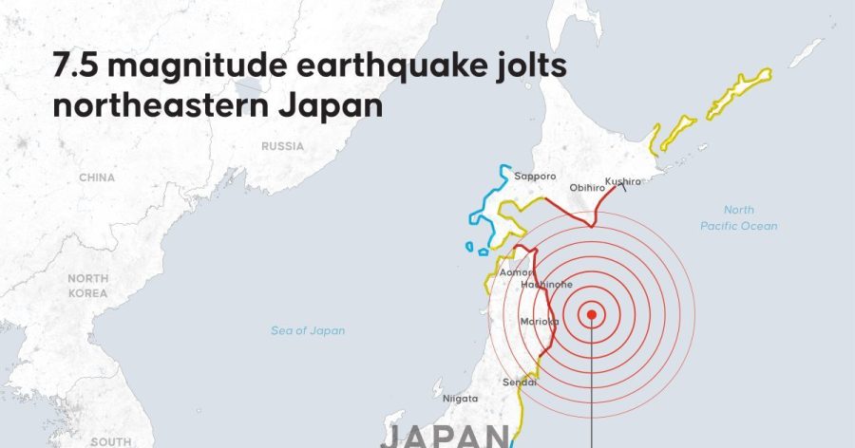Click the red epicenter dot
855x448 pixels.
pos(591,314)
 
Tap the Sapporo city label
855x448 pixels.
pos(535,176)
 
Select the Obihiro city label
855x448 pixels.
pos(588,188)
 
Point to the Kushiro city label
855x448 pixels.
pos(623,180)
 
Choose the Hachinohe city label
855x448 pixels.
pos(546,285)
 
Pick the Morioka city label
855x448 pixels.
pos(538,322)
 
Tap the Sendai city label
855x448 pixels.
pos(520,383)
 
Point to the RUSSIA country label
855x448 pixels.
pos(283,147)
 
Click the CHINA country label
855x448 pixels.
pos(97,177)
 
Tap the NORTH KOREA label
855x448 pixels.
pos(88,286)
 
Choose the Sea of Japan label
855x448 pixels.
pos(308,331)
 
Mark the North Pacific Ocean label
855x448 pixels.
pos(738,217)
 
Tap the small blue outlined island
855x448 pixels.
pos(469,247)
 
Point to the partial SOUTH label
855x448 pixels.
pos(110,441)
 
